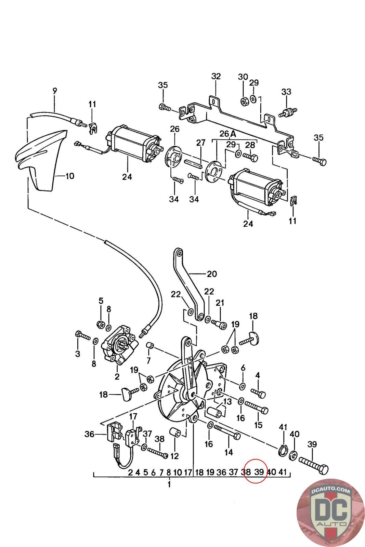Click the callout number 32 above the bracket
click(x=216, y=77)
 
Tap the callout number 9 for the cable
click(x=55, y=91)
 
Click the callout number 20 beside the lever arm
click(x=212, y=274)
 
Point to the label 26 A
click(x=228, y=134)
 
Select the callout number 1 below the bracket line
click(x=169, y=484)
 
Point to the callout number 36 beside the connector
click(x=89, y=434)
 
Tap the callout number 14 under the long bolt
click(x=229, y=452)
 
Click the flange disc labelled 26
click(x=174, y=156)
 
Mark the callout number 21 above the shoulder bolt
click(x=220, y=303)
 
